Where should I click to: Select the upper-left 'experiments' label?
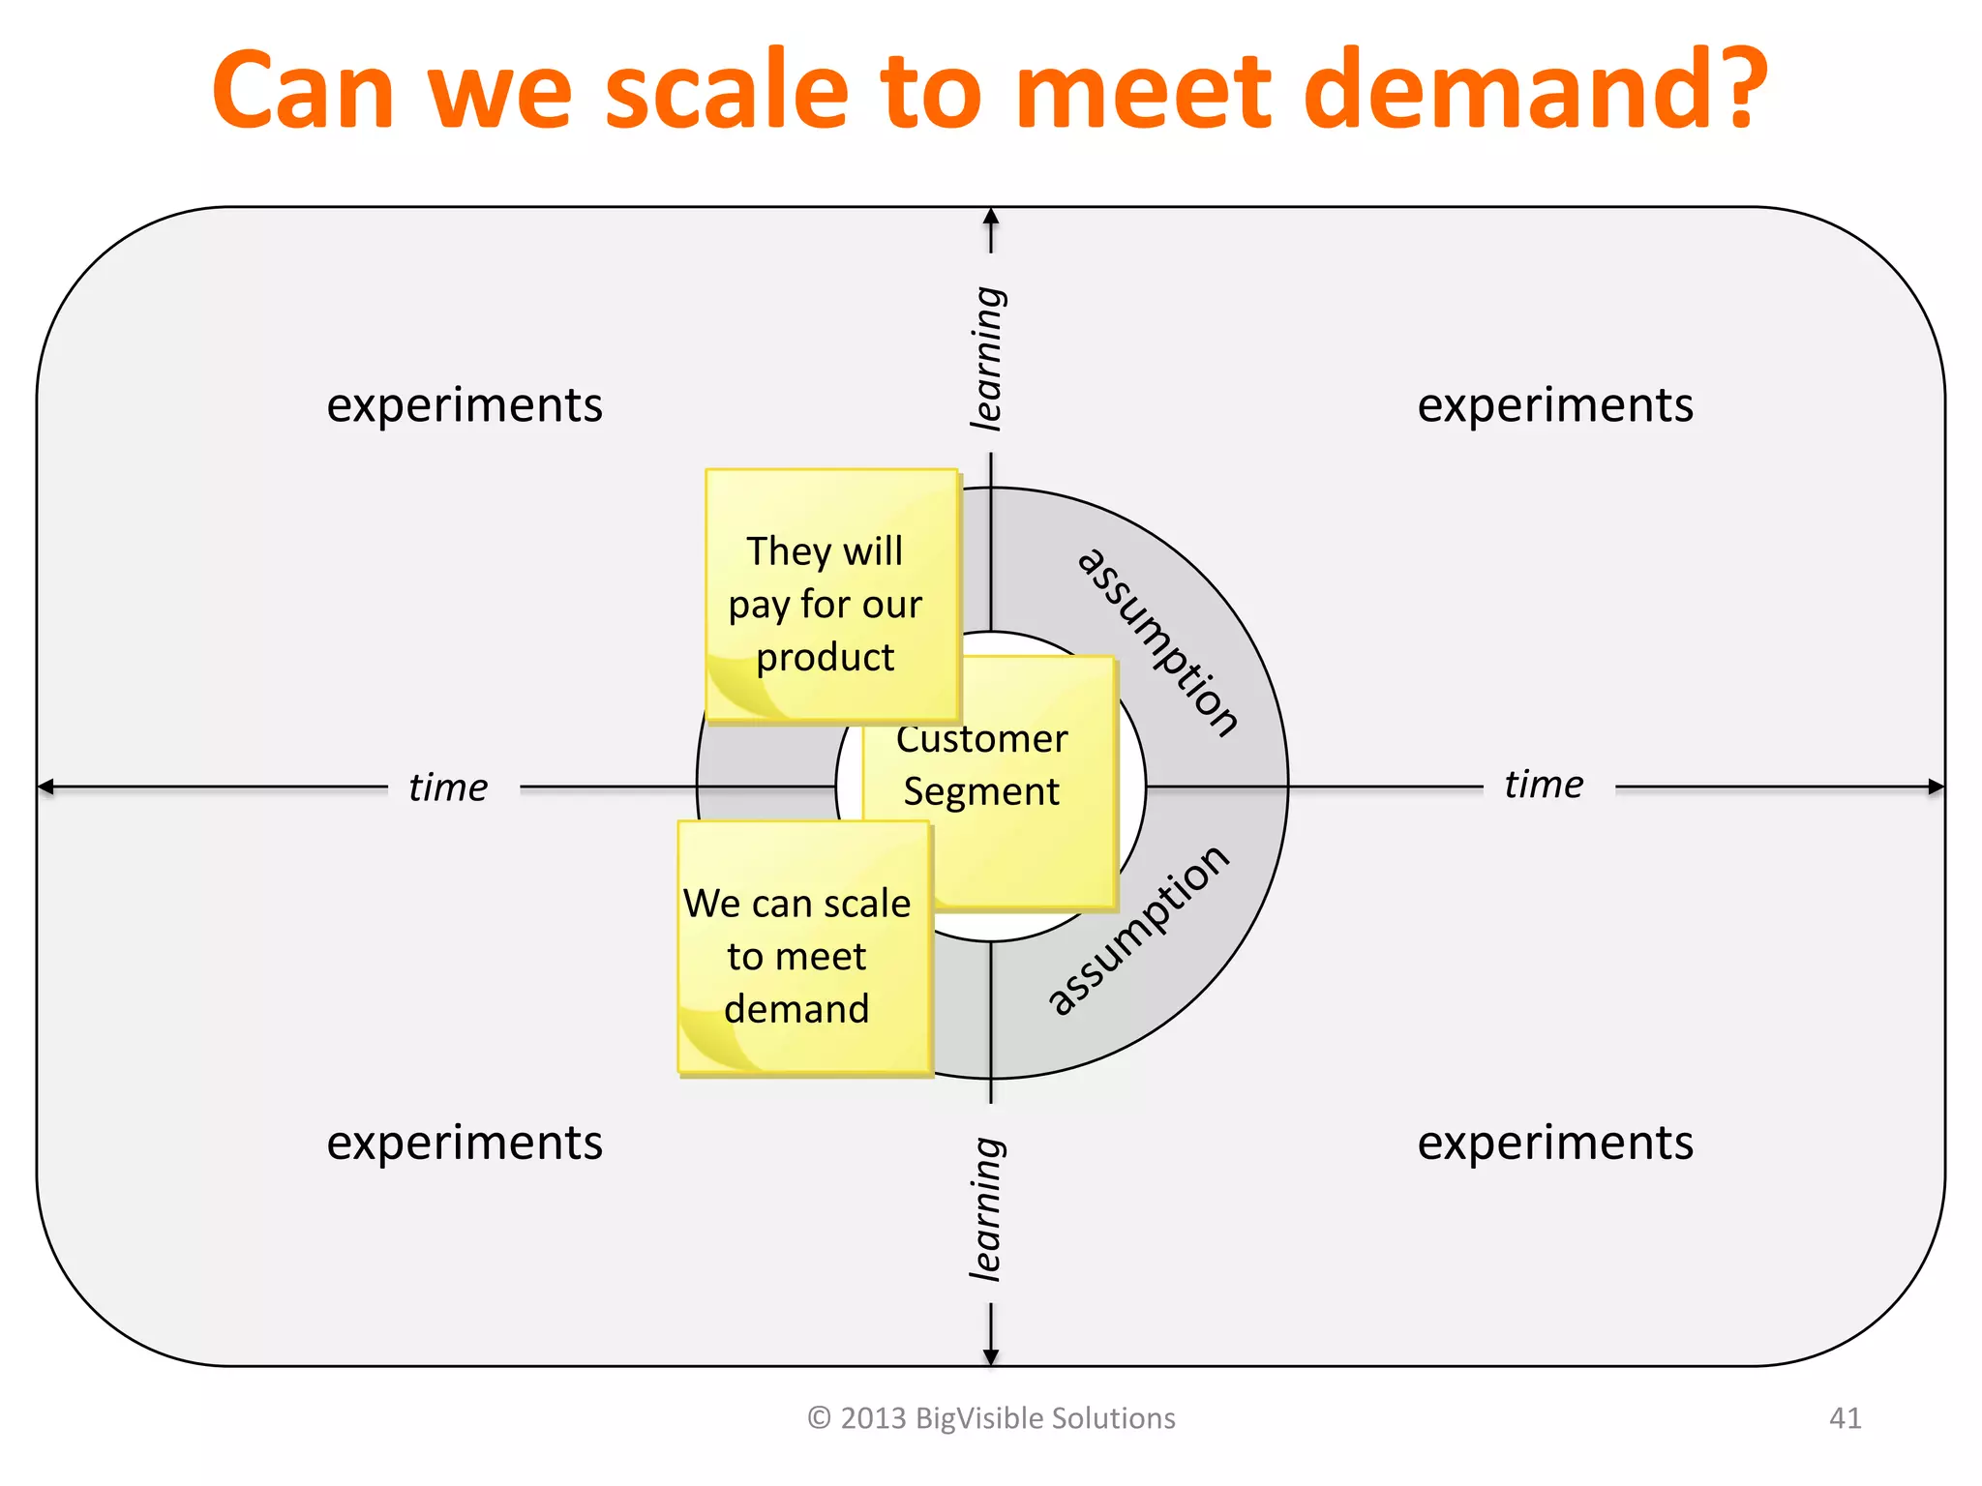(x=465, y=405)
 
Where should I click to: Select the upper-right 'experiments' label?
(x=1555, y=405)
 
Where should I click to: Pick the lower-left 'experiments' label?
(x=465, y=1143)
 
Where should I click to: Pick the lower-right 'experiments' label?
(x=1555, y=1143)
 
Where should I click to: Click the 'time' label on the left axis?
(x=448, y=788)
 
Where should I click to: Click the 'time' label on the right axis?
(x=1544, y=785)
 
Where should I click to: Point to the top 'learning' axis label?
(x=987, y=358)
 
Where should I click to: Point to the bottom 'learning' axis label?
(x=987, y=1209)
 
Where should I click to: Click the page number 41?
(x=1845, y=1418)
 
